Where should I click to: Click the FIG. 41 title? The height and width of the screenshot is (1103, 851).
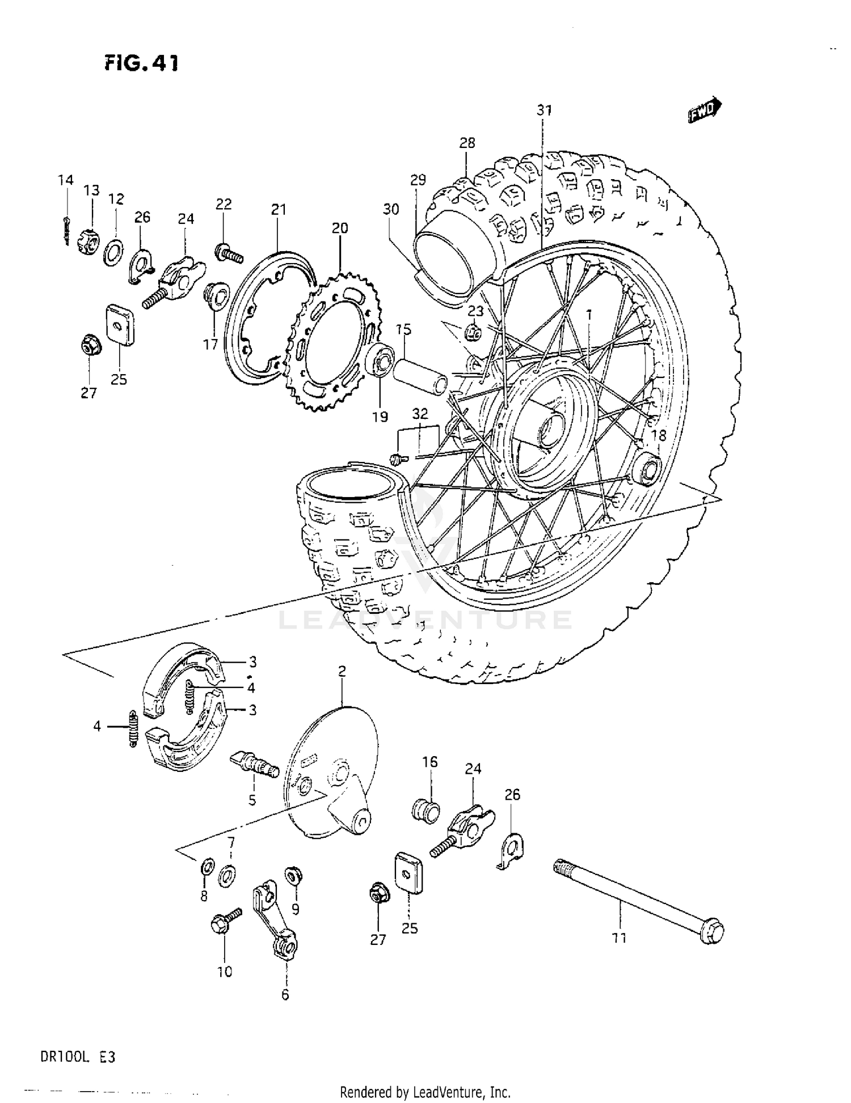[x=141, y=63]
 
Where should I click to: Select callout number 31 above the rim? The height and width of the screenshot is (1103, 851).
[x=544, y=110]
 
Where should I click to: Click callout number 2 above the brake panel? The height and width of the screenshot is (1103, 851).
[x=342, y=671]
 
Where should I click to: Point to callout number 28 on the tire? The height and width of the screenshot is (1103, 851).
[x=467, y=143]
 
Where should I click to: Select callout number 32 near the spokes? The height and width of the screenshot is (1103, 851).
[x=420, y=414]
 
